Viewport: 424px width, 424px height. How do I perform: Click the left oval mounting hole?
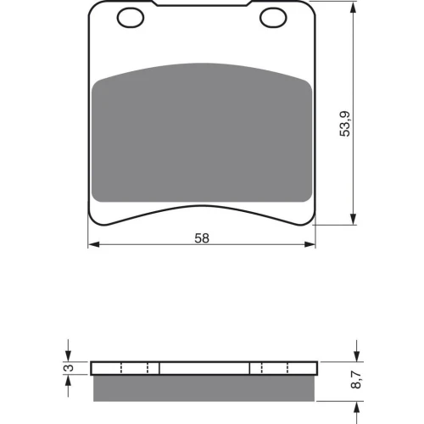point(131,18)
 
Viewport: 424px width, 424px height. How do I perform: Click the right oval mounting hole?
point(273,18)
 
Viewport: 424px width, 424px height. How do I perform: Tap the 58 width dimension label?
point(202,238)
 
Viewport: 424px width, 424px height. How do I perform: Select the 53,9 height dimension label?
point(345,124)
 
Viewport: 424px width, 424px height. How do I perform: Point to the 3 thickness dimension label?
point(70,368)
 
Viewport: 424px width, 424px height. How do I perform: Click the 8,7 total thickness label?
point(356,380)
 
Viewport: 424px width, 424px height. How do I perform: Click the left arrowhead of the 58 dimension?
point(94,244)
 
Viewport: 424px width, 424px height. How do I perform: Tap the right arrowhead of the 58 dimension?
point(310,244)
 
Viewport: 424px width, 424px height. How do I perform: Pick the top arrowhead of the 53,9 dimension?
point(353,7)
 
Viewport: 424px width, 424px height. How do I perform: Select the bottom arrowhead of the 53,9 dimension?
point(353,220)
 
